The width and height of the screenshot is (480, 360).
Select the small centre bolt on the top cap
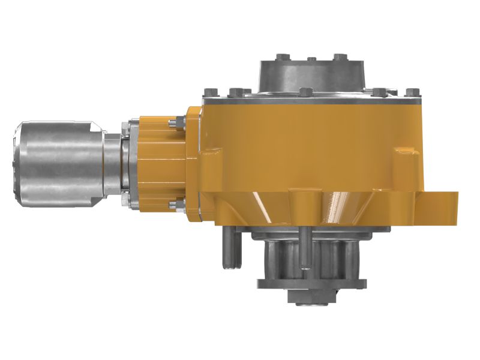(x=311, y=59)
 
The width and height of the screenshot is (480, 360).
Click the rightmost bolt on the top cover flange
(x=410, y=93)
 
